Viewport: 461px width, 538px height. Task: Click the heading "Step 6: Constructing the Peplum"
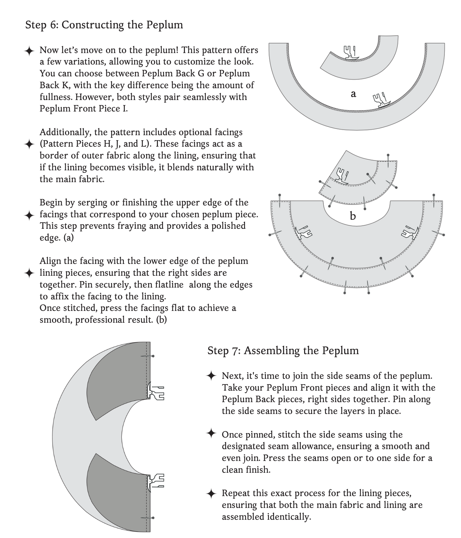point(104,25)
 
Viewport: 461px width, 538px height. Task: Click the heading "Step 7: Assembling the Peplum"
point(283,350)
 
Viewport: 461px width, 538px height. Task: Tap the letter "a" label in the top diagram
point(353,94)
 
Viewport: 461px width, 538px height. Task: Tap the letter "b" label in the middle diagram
point(353,216)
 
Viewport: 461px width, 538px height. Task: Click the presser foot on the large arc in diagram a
point(381,101)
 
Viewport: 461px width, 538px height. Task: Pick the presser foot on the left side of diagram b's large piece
point(303,232)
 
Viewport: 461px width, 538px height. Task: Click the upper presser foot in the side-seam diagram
point(156,391)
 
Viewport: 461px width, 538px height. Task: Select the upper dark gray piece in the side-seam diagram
point(118,378)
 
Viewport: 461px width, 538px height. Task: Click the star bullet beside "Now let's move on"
point(29,51)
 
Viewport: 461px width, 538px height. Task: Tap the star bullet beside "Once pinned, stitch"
point(211,434)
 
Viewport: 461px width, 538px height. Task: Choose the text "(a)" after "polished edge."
point(69,238)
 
